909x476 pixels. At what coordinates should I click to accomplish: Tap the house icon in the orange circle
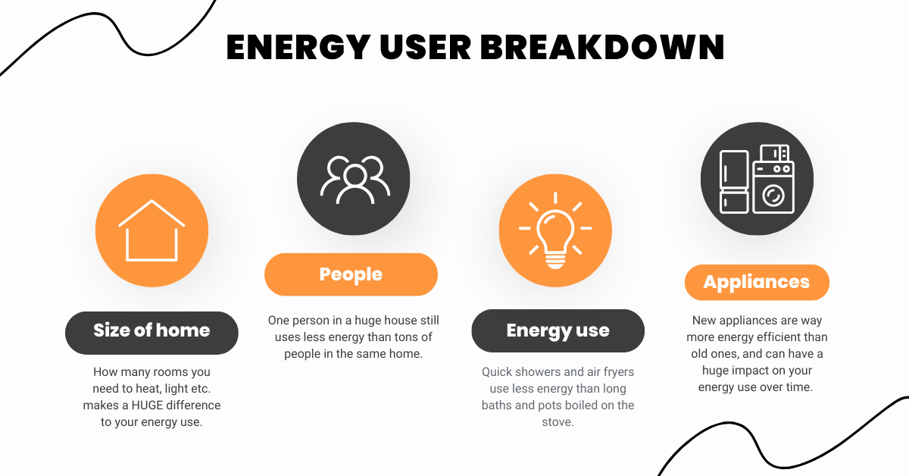tap(151, 231)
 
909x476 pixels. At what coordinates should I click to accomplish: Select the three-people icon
tap(354, 180)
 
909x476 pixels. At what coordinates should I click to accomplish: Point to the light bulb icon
tap(555, 231)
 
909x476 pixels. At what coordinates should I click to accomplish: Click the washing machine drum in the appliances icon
tap(773, 196)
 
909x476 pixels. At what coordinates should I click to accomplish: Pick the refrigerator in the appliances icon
tap(734, 182)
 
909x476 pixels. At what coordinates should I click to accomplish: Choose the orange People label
tap(351, 274)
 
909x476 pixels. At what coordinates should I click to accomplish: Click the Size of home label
tap(151, 330)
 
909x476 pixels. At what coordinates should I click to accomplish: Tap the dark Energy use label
tap(558, 330)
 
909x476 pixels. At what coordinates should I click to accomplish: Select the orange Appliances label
tap(757, 283)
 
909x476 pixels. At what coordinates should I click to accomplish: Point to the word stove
tap(558, 422)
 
